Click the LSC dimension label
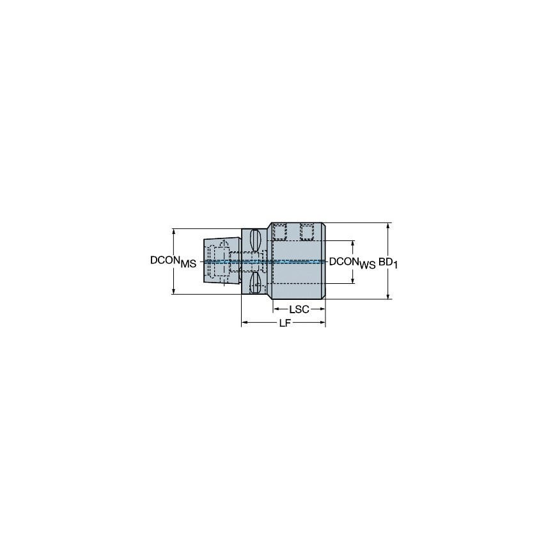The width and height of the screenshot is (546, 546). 299,309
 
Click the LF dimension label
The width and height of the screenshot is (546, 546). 284,324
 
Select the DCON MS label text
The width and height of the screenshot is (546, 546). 173,261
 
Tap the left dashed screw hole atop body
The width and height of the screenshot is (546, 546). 279,232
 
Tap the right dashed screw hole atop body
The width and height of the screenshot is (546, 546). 307,232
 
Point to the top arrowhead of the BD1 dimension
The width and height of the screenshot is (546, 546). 388,226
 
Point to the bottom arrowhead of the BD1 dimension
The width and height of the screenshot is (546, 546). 388,296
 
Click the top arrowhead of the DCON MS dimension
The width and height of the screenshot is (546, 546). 174,231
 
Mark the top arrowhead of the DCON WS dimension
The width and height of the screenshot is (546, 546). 353,244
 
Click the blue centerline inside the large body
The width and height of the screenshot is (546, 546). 297,261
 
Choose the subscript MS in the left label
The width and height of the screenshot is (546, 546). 188,264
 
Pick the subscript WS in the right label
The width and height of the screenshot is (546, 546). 367,264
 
